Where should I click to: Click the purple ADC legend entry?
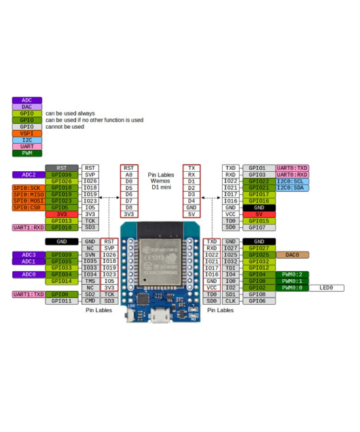27,100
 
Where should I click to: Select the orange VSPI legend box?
27,133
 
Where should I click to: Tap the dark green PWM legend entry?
27,153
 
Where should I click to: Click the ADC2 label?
28,175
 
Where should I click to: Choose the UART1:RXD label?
28,228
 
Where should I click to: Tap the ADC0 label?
28,274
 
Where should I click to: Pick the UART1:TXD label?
28,295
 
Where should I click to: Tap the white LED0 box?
326,288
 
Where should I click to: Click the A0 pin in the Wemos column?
129,175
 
